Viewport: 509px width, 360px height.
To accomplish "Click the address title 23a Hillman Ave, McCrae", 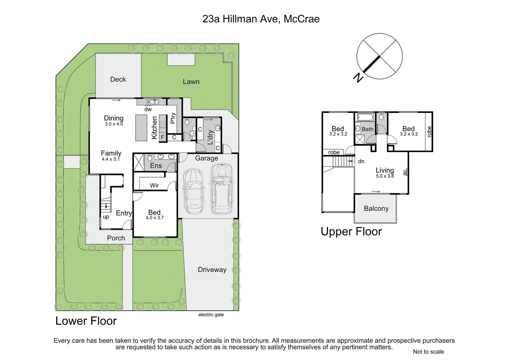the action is (261, 19).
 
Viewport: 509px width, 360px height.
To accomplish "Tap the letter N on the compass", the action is (358, 78).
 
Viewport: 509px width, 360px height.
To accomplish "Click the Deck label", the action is (118, 79).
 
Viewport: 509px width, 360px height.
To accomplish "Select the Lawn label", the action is (191, 81).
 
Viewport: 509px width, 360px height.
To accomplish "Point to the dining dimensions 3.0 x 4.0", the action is (114, 124).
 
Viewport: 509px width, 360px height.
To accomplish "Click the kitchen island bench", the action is (141, 128).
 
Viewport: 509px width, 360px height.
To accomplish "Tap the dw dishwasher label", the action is (148, 109).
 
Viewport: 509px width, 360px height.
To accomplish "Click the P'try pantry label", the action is (173, 118).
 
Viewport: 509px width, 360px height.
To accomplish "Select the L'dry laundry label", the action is (210, 138).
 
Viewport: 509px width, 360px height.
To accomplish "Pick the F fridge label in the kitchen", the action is (163, 137).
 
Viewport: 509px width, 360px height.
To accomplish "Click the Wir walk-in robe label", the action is (154, 186).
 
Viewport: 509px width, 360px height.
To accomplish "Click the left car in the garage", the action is (194, 191).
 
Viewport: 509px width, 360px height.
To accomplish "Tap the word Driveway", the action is (212, 270).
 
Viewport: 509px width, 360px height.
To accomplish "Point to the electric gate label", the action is (211, 315).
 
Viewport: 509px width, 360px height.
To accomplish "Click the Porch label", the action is (116, 238).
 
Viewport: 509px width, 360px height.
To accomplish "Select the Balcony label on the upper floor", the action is (376, 208).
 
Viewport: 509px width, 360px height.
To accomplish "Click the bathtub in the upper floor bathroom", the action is (366, 117).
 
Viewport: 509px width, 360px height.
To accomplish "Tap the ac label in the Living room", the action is (405, 172).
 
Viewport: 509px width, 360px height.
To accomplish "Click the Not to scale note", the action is (428, 352).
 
